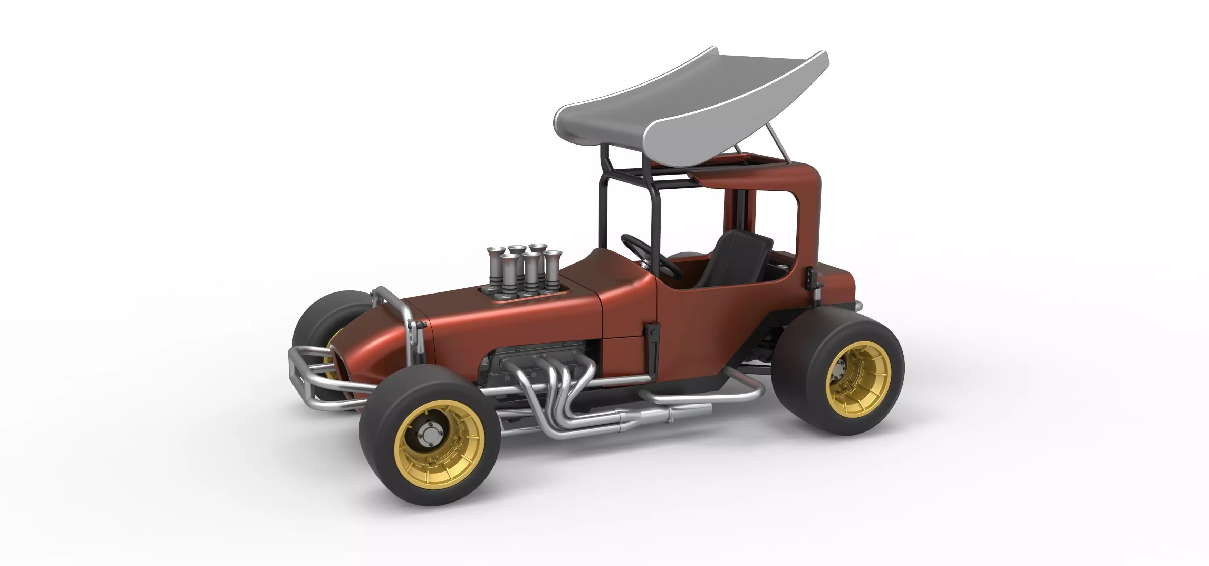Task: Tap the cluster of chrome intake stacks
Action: pyautogui.click(x=521, y=270)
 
